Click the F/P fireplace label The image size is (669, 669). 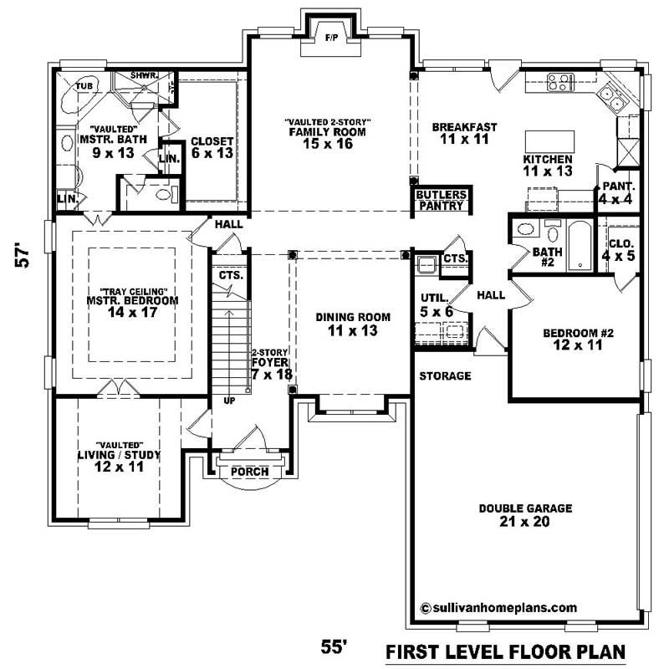[x=330, y=38]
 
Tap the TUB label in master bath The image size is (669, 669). [x=84, y=85]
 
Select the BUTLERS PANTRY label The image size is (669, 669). [x=442, y=199]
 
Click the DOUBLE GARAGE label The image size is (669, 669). [x=519, y=508]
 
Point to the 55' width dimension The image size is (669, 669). [x=334, y=646]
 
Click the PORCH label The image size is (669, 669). [x=249, y=472]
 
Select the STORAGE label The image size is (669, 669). [x=445, y=376]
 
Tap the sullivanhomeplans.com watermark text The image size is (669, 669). [x=499, y=608]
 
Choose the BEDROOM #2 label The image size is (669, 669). [x=579, y=334]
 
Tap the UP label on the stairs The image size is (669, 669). [x=229, y=401]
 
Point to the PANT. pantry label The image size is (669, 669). [x=619, y=186]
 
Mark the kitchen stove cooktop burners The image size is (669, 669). [x=559, y=82]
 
